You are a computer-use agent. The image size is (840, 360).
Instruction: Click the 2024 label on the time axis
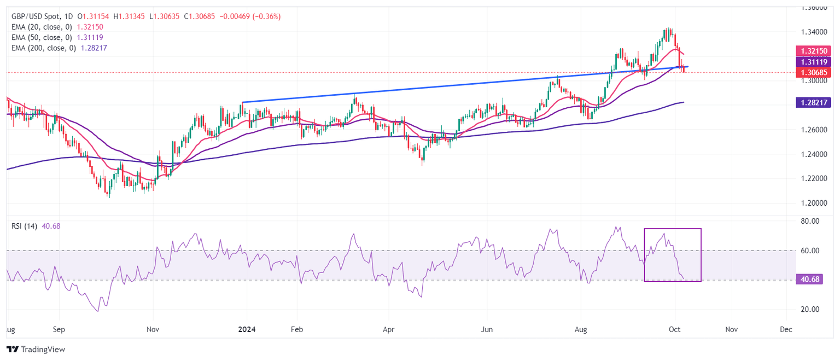pos(246,330)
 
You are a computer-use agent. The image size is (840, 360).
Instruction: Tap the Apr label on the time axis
pos(389,330)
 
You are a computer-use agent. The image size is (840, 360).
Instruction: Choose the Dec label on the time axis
pos(786,330)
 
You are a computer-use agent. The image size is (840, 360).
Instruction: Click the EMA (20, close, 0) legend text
pos(41,27)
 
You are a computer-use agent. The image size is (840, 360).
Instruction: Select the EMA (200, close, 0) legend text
pos(43,48)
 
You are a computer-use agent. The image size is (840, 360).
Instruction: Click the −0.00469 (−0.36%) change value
pos(250,16)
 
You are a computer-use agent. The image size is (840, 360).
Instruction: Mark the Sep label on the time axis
pos(59,330)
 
